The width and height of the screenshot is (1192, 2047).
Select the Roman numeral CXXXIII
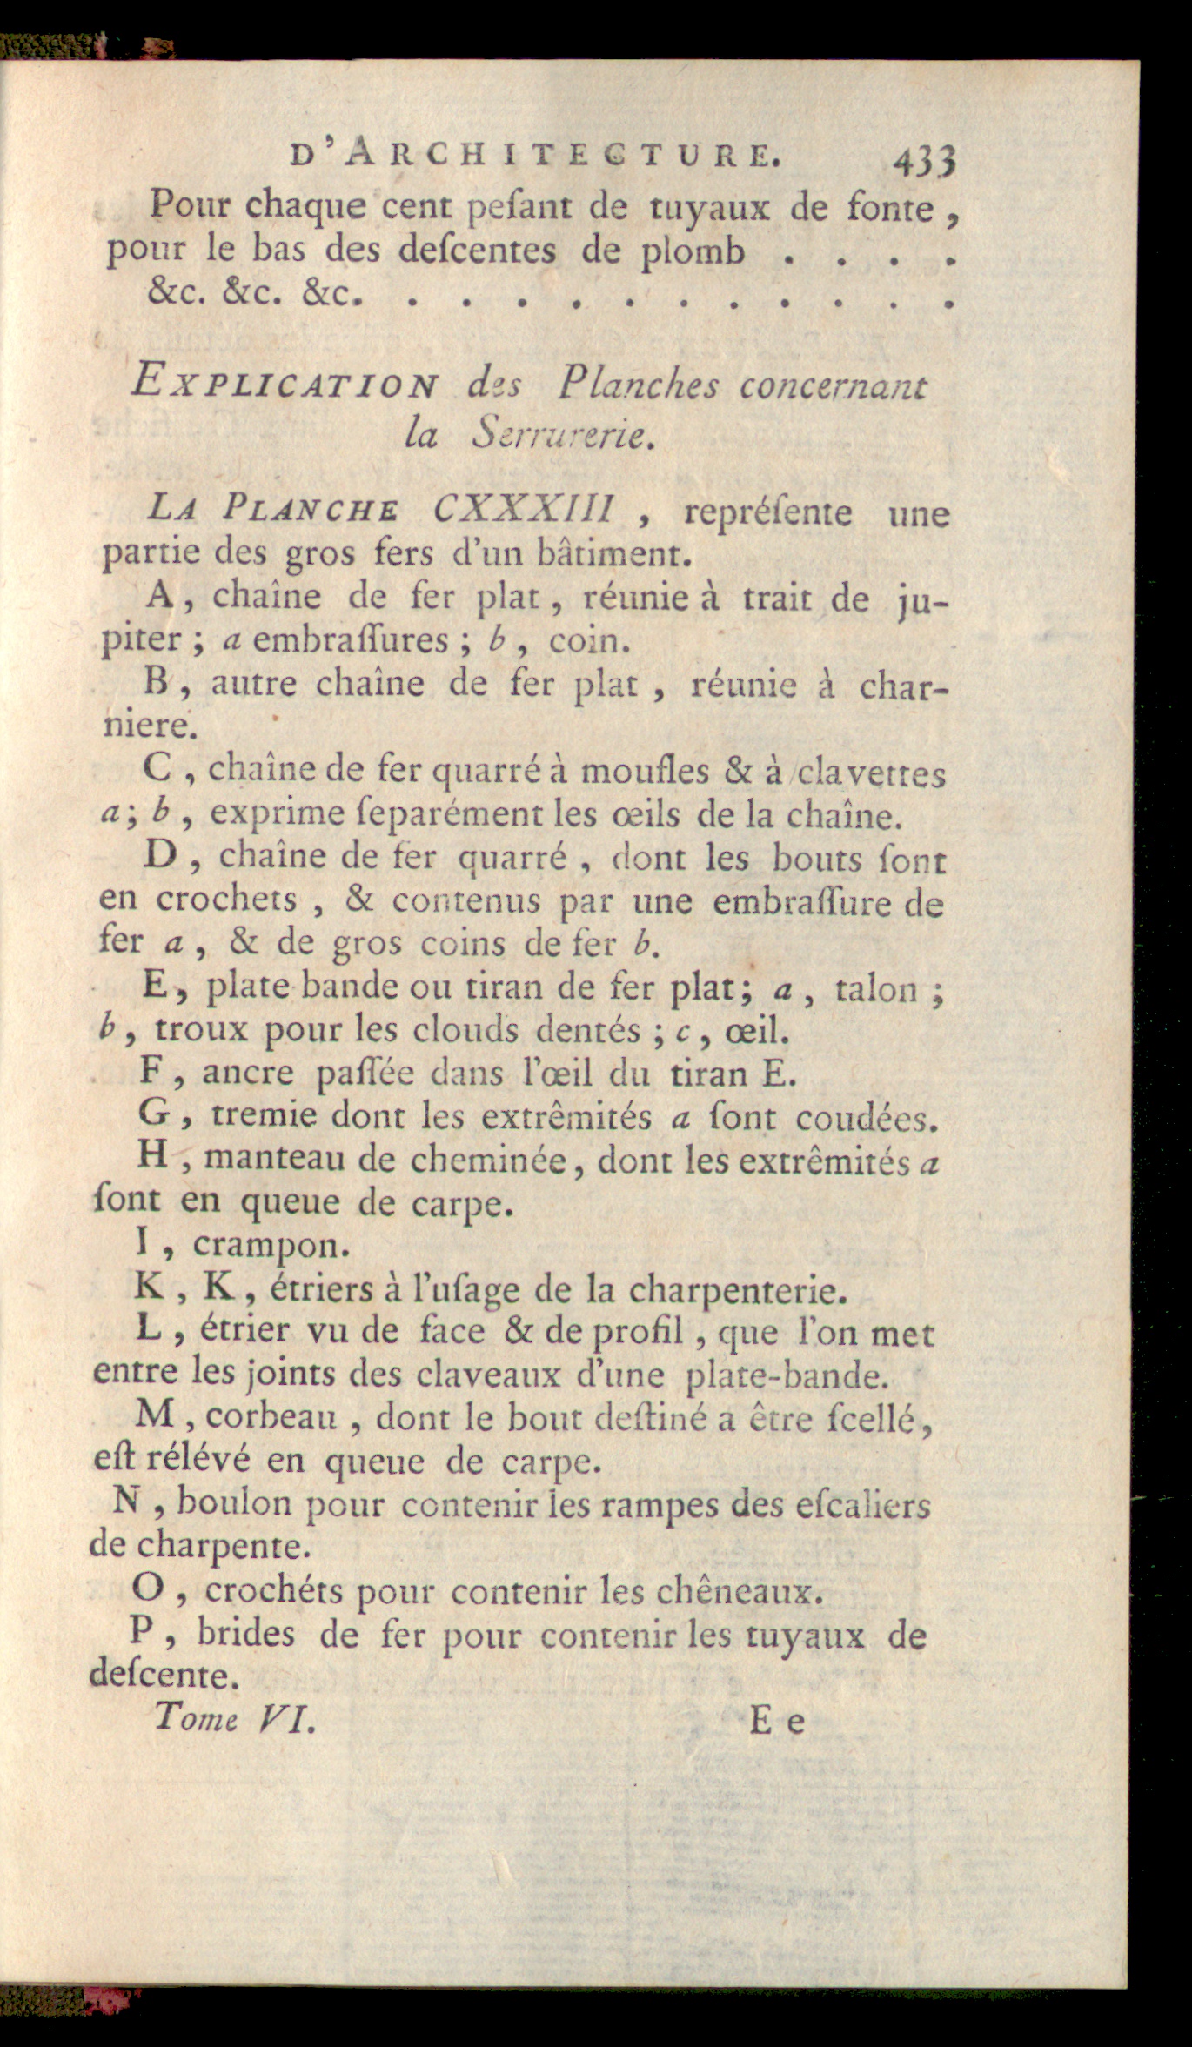coord(525,509)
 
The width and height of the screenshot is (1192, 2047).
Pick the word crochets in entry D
coord(227,900)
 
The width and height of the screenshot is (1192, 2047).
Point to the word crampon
coord(271,1245)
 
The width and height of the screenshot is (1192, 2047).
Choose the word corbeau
coord(271,1418)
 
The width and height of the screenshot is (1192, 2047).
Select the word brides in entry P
coord(246,1634)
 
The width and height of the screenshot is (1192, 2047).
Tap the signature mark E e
coord(777,1721)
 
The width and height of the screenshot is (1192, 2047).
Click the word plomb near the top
coord(693,251)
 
